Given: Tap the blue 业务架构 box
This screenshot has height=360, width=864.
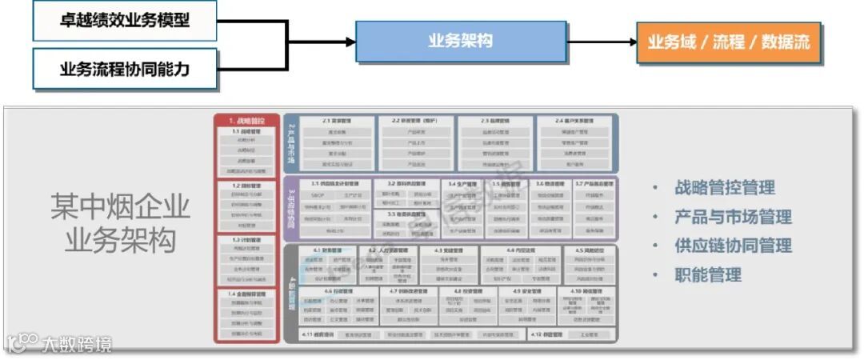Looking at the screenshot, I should [x=461, y=42].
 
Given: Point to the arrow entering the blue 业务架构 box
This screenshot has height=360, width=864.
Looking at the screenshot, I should [x=336, y=42].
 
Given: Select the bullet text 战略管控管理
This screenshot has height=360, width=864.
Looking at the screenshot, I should [x=724, y=188].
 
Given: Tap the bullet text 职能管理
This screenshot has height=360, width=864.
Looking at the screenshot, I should [x=707, y=275].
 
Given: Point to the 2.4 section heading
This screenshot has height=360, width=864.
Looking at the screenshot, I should [x=576, y=121].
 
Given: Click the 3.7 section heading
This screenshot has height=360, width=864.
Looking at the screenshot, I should [x=594, y=183].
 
